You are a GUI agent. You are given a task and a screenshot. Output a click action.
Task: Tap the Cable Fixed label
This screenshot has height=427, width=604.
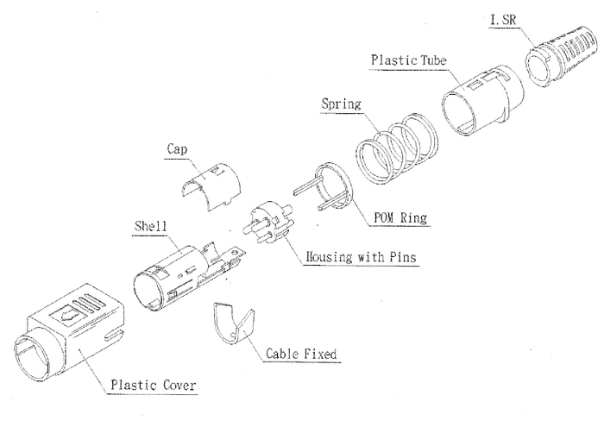pyautogui.click(x=300, y=354)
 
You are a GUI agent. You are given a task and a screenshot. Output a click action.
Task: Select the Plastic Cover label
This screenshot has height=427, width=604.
pyautogui.click(x=153, y=385)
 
